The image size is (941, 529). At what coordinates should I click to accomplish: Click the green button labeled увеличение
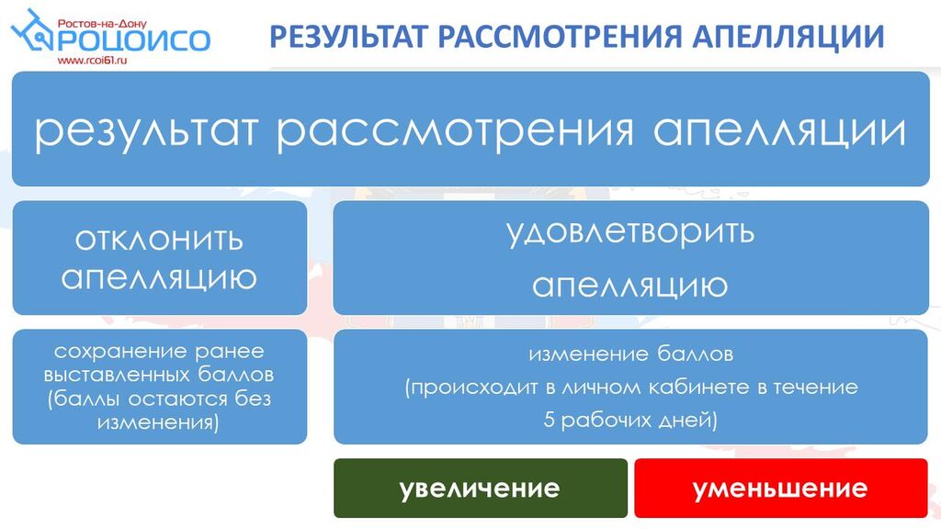click(481, 489)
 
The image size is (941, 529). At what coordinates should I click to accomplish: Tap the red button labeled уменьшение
click(781, 489)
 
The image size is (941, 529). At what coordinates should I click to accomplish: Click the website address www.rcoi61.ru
click(93, 61)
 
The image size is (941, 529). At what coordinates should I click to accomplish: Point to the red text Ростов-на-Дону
click(102, 24)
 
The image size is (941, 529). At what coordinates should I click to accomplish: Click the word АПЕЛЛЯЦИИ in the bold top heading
click(788, 37)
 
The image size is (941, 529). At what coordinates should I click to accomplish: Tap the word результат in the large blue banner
click(146, 131)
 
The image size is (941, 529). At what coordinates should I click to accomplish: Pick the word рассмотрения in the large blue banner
click(456, 131)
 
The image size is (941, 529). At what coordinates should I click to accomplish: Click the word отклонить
click(159, 240)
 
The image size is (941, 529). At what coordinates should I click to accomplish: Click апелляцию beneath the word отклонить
click(159, 277)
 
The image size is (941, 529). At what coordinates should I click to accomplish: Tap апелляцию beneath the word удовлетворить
click(630, 286)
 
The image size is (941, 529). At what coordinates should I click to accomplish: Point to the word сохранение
click(114, 352)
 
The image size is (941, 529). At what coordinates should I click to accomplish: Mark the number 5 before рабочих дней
click(550, 419)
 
